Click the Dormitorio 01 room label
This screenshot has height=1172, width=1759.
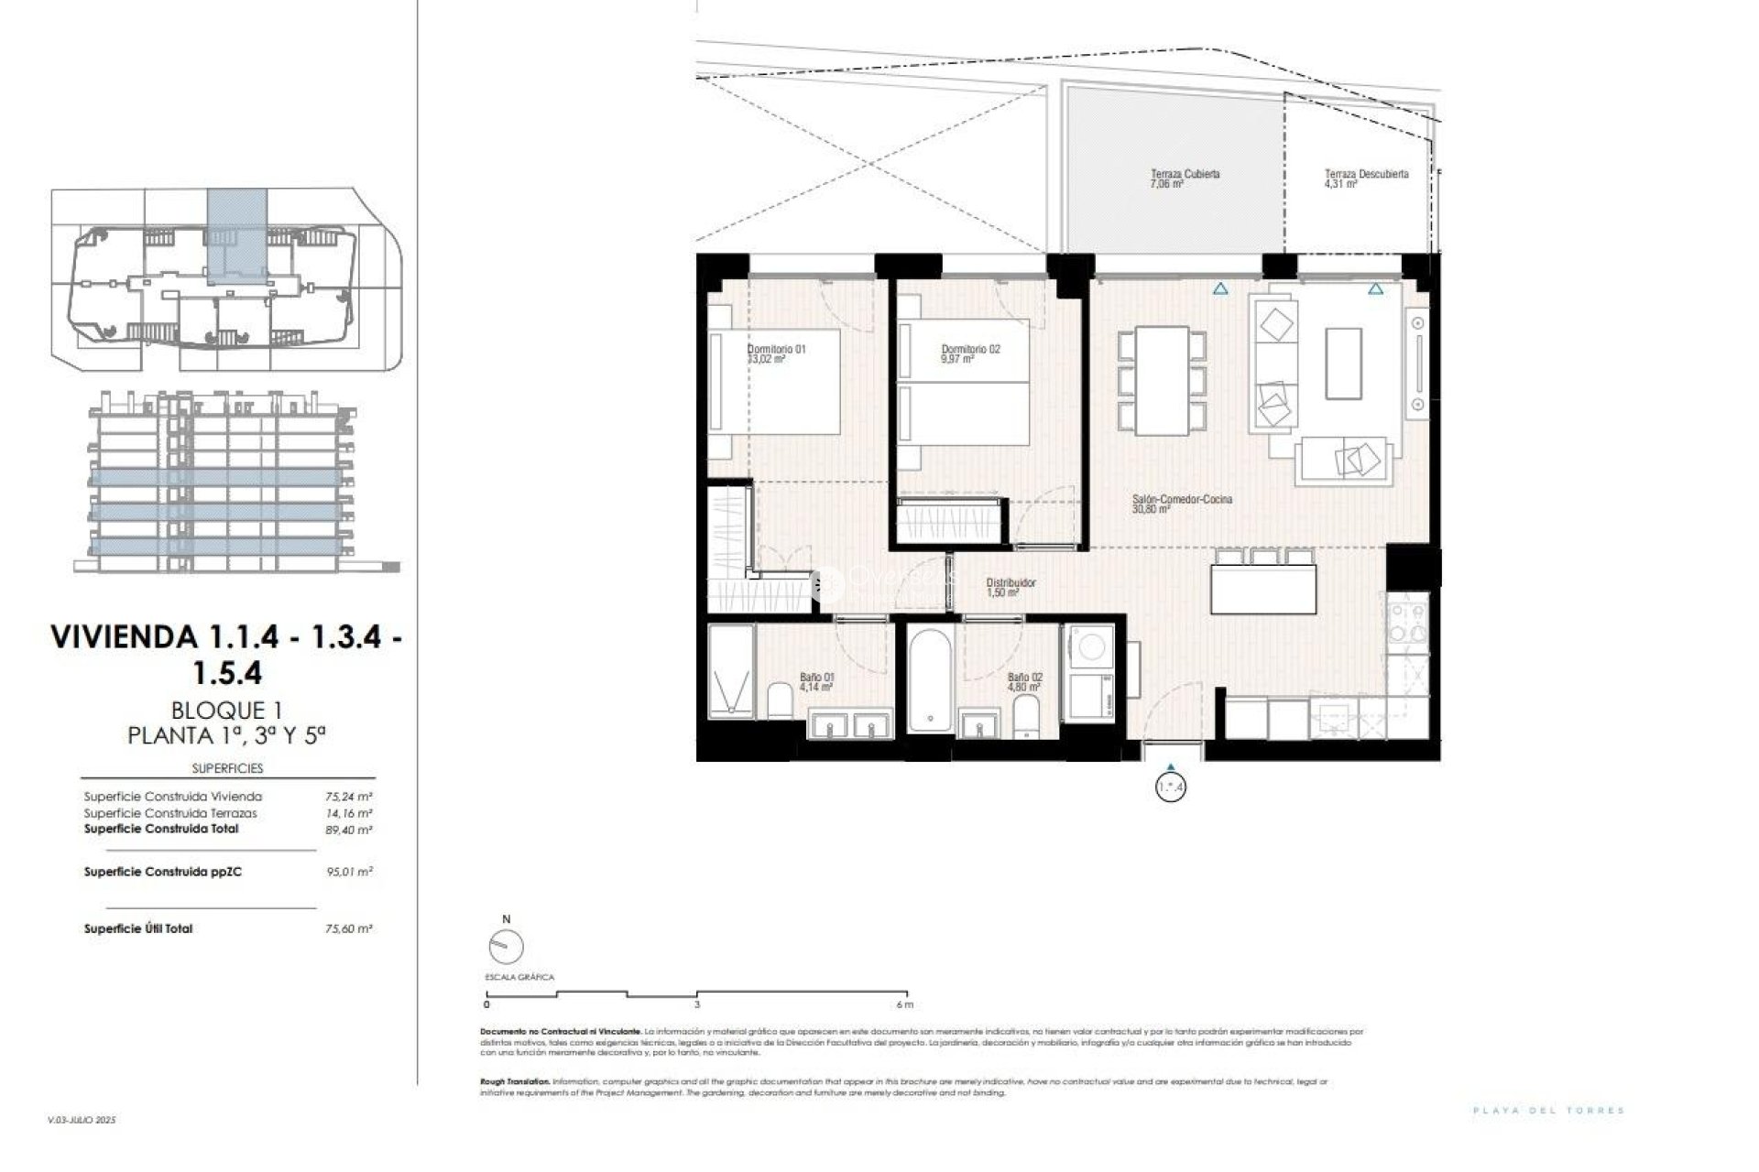tap(776, 354)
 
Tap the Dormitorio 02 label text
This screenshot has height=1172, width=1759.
tap(970, 354)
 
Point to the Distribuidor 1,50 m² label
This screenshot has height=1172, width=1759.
tap(1010, 587)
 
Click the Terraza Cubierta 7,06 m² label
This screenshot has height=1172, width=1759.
tap(1185, 179)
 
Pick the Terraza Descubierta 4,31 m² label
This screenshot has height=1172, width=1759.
tap(1365, 179)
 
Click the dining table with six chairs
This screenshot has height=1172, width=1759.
tap(1161, 381)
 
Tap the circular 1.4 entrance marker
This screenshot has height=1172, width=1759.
tap(1171, 787)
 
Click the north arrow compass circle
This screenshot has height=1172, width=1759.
tap(506, 946)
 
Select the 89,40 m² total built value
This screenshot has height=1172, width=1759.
tap(348, 830)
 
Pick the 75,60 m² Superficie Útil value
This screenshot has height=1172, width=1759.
tap(348, 928)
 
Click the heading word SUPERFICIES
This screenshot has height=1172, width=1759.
tap(227, 768)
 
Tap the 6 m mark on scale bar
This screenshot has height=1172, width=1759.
tap(906, 1004)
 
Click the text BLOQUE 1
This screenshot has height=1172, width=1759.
tap(226, 710)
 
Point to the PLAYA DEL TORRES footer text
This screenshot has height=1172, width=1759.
tap(1548, 1111)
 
